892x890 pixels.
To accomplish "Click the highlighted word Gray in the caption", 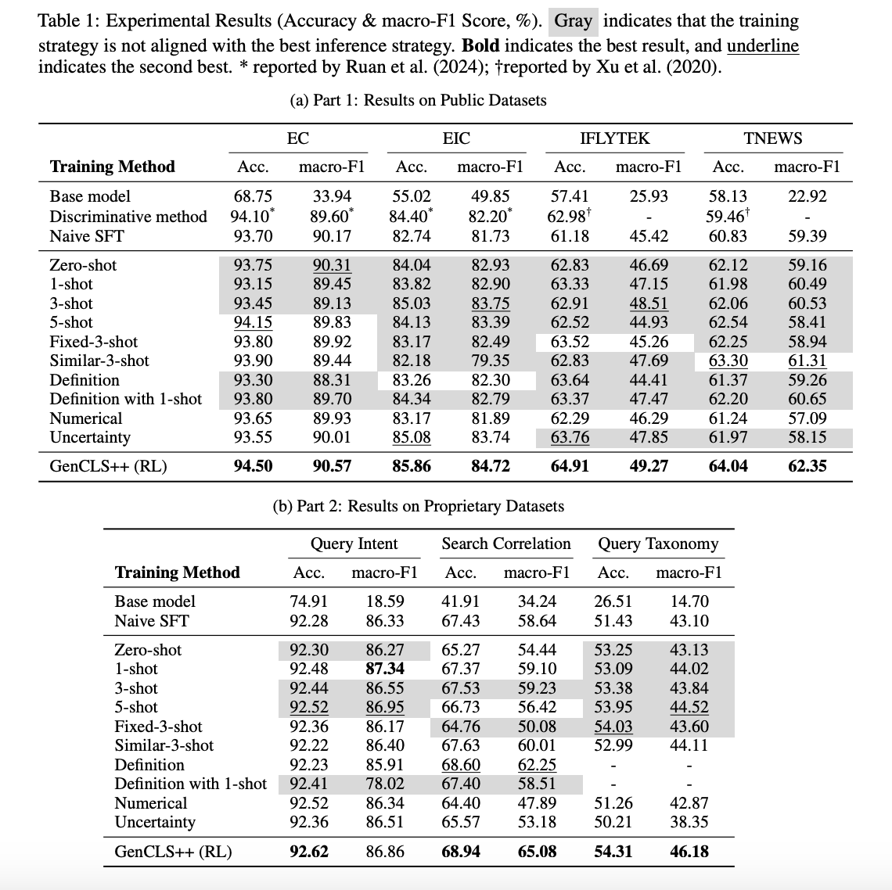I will coord(574,21).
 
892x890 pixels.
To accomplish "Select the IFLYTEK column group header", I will coord(614,138).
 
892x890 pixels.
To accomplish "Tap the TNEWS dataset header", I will coord(772,138).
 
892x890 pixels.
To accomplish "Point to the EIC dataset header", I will coord(456,138).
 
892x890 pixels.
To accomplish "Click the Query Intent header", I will coord(354,544).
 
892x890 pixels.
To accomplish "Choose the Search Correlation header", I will coord(506,544).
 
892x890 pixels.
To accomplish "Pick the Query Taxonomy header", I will coord(658,544).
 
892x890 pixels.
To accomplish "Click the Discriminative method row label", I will coord(128,217).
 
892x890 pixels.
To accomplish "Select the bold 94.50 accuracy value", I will coord(254,466).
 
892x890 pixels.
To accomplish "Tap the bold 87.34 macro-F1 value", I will coord(385,669).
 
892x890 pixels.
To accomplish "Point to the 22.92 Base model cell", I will coord(807,196).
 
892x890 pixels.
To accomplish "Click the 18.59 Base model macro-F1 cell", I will coord(385,601).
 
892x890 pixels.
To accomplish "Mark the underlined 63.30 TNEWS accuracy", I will coord(728,361).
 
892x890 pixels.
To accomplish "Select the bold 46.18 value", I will coord(689,851).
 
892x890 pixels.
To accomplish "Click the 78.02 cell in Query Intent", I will coord(385,784).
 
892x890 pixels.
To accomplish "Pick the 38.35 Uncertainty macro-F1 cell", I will coord(689,822).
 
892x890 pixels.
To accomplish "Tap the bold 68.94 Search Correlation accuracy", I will coord(461,851).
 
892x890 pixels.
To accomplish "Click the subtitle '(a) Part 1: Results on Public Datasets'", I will coord(418,100).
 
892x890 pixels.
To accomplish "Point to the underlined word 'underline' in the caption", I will coord(763,45).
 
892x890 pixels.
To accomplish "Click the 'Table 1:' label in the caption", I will coord(65,21).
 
